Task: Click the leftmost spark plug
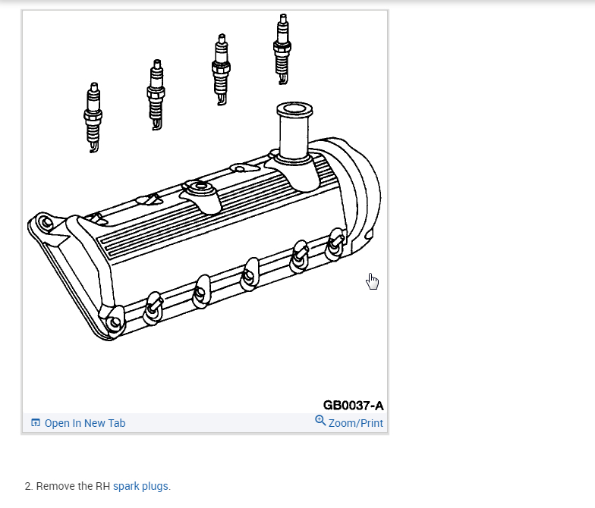93,118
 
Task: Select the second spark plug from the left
156,95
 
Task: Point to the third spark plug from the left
221,70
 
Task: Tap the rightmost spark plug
282,49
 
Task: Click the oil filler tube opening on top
294,109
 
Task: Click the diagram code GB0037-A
354,405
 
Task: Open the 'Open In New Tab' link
85,423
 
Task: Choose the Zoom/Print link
355,423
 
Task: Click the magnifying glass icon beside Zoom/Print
320,420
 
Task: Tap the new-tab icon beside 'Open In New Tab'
35,422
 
